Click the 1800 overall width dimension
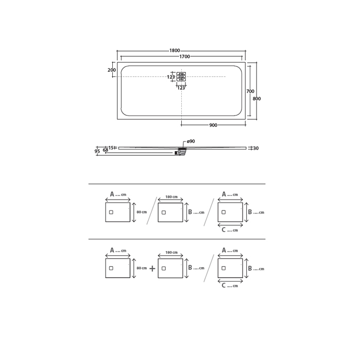pyautogui.click(x=175, y=51)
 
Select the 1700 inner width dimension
pyautogui.click(x=184, y=57)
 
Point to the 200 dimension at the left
pyautogui.click(x=112, y=70)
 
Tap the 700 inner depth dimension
pyautogui.click(x=250, y=91)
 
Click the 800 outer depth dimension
pyautogui.click(x=257, y=99)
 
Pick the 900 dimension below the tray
pyautogui.click(x=213, y=125)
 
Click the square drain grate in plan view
pyautogui.click(x=181, y=77)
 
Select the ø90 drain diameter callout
pyautogui.click(x=191, y=141)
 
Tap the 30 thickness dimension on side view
pyautogui.click(x=256, y=149)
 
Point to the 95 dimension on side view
pyautogui.click(x=97, y=151)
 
